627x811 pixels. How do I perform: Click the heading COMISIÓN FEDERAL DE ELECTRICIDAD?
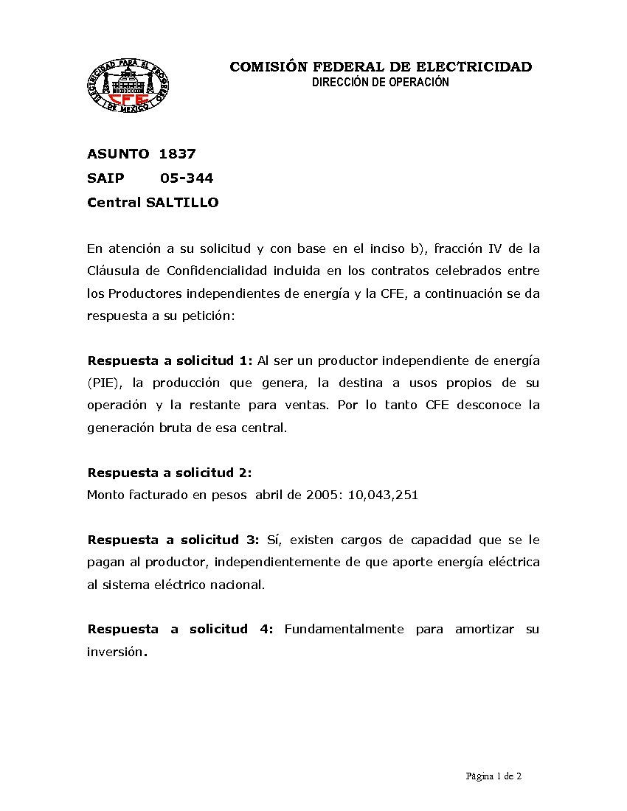(381, 67)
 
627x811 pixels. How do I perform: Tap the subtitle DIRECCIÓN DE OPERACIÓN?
(381, 83)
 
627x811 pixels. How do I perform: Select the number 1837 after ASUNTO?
(178, 154)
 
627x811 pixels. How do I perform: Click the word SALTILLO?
(182, 202)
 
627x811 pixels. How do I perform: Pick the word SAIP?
(105, 178)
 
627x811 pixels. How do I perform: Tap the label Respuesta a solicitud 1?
(170, 361)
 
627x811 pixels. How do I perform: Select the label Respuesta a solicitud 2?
(170, 473)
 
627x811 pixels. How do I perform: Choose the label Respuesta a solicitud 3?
(173, 540)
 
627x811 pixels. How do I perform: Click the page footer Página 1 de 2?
(493, 776)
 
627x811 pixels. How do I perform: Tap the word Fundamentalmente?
(344, 629)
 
